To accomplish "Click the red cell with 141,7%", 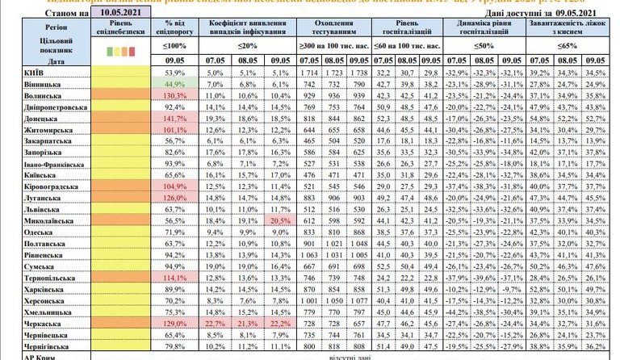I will tap(174, 117).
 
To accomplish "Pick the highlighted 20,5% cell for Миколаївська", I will tap(281, 220).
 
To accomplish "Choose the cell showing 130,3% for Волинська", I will tap(174, 94).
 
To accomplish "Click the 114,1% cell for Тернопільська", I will tap(174, 276).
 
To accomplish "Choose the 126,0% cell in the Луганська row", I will tap(174, 196).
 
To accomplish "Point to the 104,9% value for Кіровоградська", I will tap(174, 185).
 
